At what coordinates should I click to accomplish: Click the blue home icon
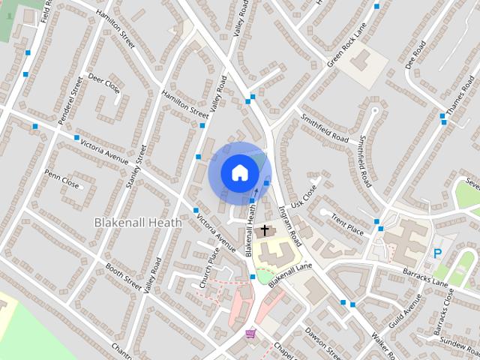[238, 172]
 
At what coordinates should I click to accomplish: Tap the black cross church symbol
[264, 231]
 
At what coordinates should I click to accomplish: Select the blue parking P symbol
[437, 254]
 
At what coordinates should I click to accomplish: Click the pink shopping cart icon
[250, 332]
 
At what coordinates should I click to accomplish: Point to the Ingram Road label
[290, 223]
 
